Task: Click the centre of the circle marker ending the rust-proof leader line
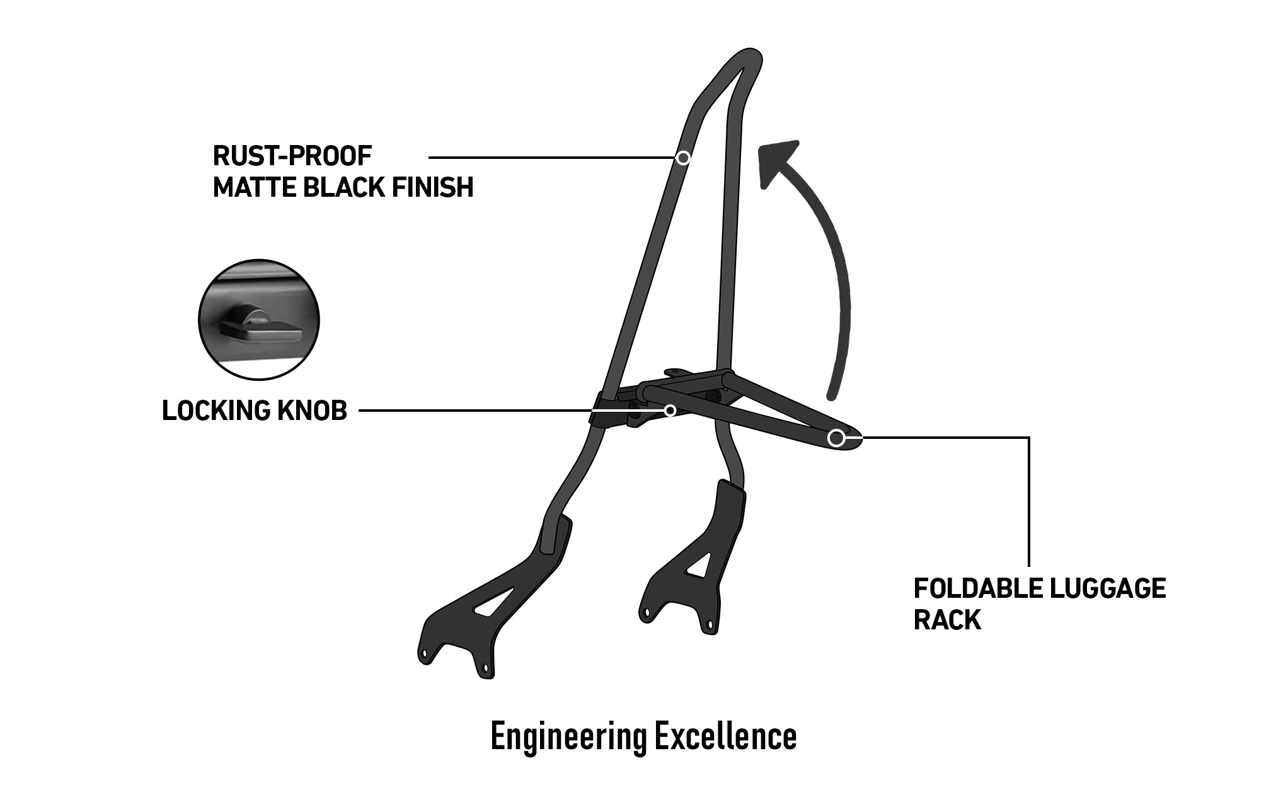[x=683, y=157]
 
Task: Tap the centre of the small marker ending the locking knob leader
[x=670, y=411]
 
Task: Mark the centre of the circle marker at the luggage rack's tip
[x=836, y=438]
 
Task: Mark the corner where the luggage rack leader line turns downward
[x=1029, y=437]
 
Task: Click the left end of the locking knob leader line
[x=359, y=411]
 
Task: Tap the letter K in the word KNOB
[x=284, y=411]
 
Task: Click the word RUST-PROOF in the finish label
[x=292, y=156]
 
